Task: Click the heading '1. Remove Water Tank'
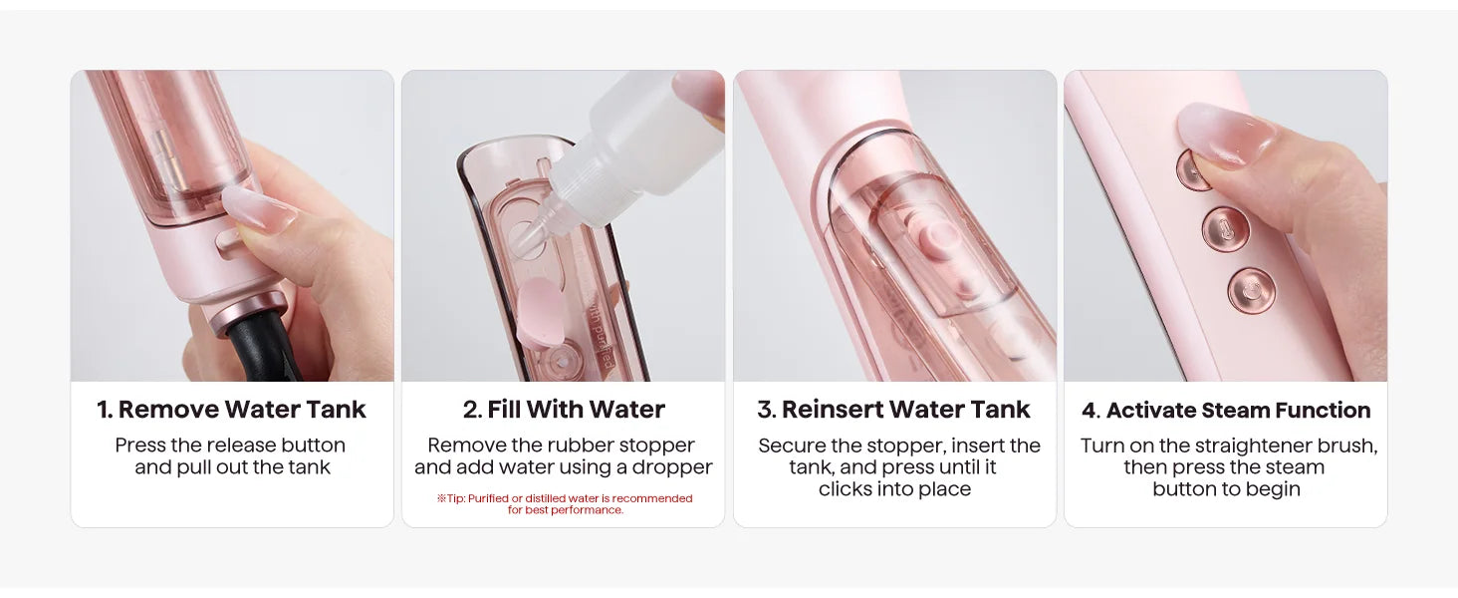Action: (x=232, y=410)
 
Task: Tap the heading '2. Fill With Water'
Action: (x=564, y=410)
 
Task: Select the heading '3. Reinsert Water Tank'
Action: (x=893, y=410)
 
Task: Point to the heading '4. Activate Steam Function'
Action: (x=1226, y=411)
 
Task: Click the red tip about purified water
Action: (x=565, y=503)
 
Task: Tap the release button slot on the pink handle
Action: (x=228, y=243)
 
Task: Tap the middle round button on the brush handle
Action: (x=1225, y=229)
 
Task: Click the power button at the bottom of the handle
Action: (x=1251, y=291)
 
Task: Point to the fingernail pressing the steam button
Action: (x=1226, y=134)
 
